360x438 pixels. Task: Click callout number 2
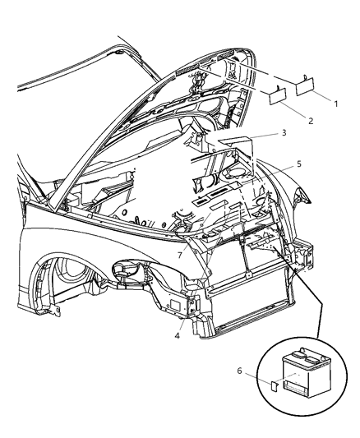[x=309, y=120]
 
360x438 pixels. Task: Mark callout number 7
[x=180, y=256]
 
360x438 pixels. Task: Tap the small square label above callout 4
[x=176, y=304]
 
